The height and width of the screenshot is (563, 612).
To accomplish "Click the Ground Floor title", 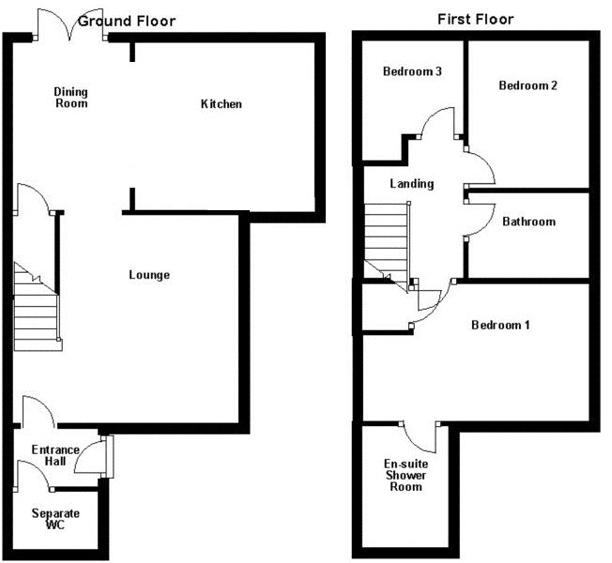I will pyautogui.click(x=126, y=21).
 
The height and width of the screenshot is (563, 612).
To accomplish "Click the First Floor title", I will pyautogui.click(x=476, y=19).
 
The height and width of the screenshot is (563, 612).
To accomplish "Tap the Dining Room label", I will pyautogui.click(x=70, y=97).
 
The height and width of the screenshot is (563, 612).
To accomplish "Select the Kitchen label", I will pyautogui.click(x=222, y=103).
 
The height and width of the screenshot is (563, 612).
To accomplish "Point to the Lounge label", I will pyautogui.click(x=149, y=275).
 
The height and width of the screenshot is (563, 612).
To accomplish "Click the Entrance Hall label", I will pyautogui.click(x=55, y=456).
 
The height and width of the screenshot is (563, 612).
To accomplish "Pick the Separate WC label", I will pyautogui.click(x=55, y=520).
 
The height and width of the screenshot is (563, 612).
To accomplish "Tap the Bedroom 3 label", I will pyautogui.click(x=413, y=72).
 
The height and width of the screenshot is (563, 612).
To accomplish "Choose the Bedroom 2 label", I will pyautogui.click(x=528, y=85).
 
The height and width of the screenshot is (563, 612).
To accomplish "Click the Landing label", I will pyautogui.click(x=412, y=184).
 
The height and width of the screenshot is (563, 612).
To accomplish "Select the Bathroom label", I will pyautogui.click(x=528, y=222).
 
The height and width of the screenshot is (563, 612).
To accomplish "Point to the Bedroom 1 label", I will pyautogui.click(x=500, y=326).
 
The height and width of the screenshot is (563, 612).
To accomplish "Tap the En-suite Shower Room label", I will pyautogui.click(x=404, y=475).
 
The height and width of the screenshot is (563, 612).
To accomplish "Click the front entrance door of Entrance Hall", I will pyautogui.click(x=94, y=457).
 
